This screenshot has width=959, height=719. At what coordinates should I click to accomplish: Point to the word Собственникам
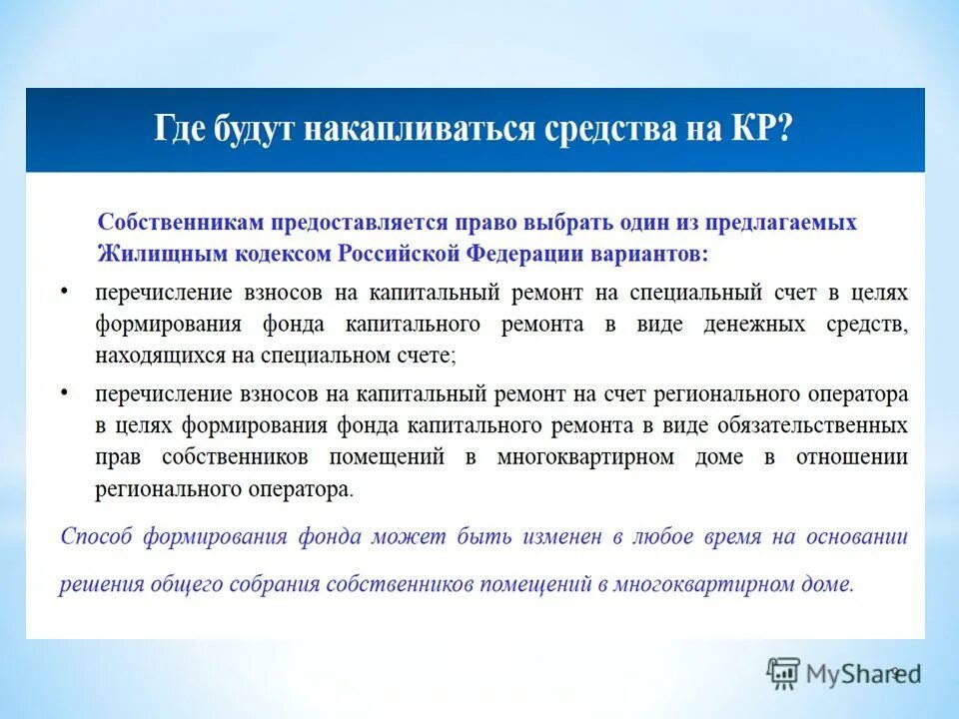179,222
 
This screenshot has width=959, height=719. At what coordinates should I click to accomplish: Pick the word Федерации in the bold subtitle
519,254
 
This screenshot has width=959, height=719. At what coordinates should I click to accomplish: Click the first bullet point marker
65,290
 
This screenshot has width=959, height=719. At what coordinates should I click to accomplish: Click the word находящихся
151,356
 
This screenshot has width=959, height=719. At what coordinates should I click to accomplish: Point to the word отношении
852,456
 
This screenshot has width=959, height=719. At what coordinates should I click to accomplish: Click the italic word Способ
96,536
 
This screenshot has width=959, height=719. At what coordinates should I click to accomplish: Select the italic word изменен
562,536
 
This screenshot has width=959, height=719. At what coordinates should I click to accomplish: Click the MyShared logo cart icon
784,673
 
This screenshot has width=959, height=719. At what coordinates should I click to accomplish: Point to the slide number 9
896,673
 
